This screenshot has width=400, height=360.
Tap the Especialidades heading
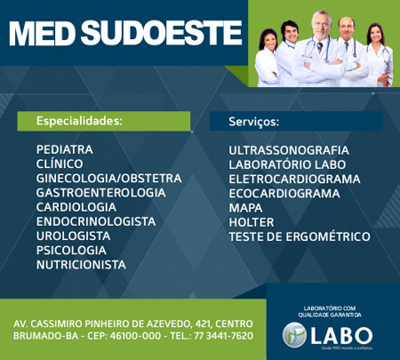78,120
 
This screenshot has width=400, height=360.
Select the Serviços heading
253,120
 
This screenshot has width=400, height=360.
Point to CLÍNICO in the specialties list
60,164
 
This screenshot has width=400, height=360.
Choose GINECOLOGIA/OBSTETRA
108,178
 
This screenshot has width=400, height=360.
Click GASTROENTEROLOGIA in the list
100,192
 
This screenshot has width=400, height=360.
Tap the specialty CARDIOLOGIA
76,206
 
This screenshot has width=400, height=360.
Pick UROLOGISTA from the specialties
73,236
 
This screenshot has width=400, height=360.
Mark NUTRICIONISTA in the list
81,264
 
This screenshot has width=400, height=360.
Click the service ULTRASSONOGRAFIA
288,149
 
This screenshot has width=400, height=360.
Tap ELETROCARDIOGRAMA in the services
294,178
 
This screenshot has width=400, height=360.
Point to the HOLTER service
252,221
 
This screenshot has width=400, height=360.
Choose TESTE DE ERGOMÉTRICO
300,236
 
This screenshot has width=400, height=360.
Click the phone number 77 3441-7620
217,335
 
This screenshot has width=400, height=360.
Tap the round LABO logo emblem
294,334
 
